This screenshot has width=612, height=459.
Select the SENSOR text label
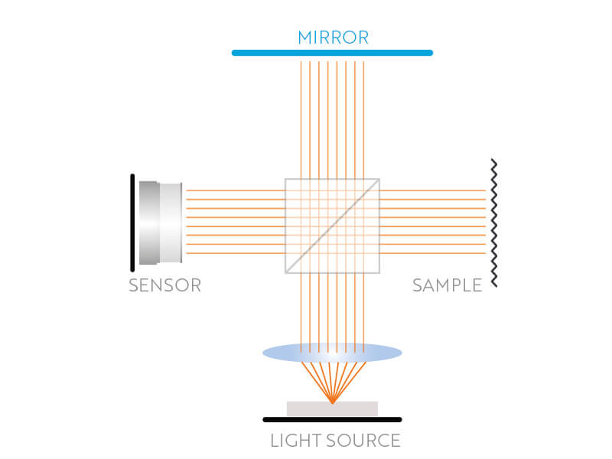pyautogui.click(x=164, y=286)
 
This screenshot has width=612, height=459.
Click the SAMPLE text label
pyautogui.click(x=447, y=286)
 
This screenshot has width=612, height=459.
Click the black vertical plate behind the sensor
pyautogui.click(x=133, y=222)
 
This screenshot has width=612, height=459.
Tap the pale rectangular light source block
pyautogui.click(x=360, y=409)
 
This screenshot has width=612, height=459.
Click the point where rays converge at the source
pyautogui.click(x=332, y=402)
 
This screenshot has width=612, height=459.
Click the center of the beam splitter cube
pyautogui.click(x=332, y=226)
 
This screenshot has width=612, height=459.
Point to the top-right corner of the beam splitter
pyautogui.click(x=379, y=179)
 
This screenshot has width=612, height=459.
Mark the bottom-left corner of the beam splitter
pyautogui.click(x=285, y=272)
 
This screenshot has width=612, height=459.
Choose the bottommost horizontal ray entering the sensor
pyautogui.click(x=229, y=253)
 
